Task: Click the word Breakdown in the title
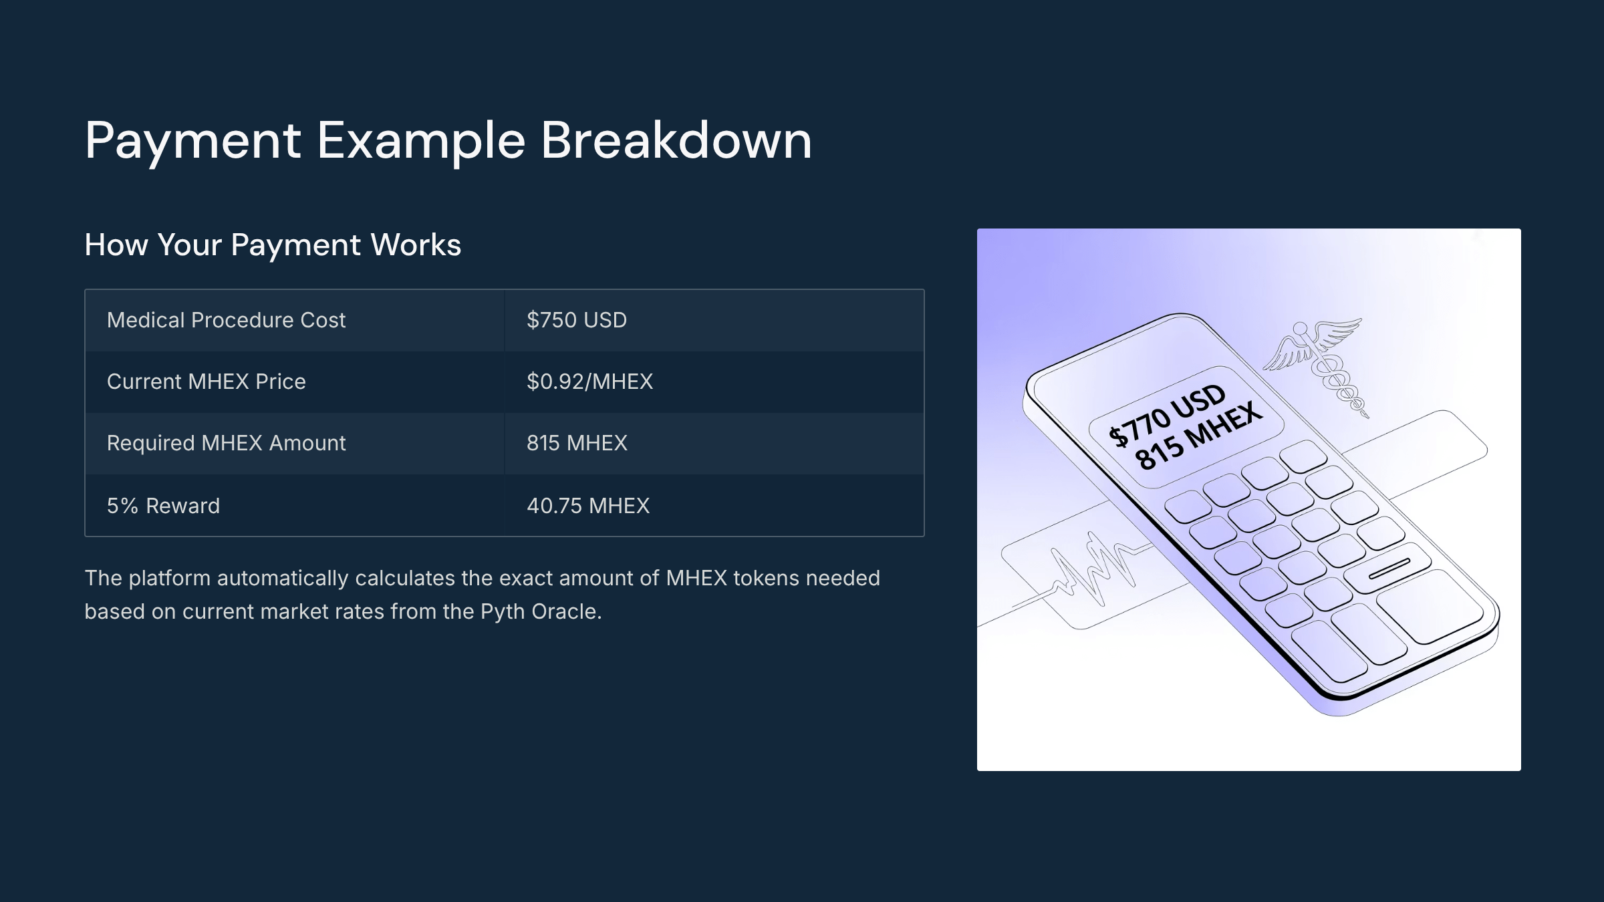[676, 140]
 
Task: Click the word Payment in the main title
[192, 142]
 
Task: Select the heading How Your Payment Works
[273, 245]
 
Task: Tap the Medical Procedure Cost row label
[226, 320]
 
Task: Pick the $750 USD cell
[577, 320]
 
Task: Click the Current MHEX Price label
[206, 382]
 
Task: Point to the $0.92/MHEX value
[589, 382]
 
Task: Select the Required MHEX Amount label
[226, 443]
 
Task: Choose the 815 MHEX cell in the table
[577, 443]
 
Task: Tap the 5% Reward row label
[163, 506]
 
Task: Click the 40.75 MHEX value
[588, 506]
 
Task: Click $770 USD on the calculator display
[1167, 414]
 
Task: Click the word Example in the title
[421, 142]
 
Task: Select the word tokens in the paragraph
[766, 579]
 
